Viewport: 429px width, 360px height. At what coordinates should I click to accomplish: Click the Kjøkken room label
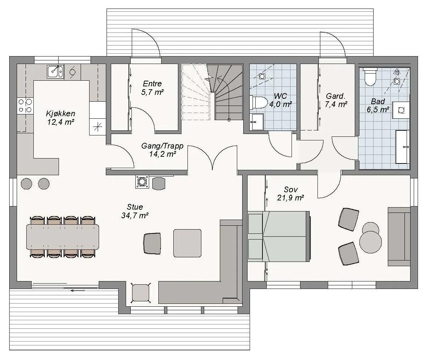coord(61,113)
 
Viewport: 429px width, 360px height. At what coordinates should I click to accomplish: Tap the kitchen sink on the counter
coord(55,71)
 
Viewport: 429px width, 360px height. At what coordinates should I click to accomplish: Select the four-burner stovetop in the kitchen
coord(25,106)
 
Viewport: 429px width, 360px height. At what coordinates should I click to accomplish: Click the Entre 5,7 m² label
coord(152,88)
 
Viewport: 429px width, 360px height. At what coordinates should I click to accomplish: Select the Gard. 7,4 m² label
coord(336,100)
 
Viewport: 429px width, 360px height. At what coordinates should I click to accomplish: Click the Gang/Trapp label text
coord(162,146)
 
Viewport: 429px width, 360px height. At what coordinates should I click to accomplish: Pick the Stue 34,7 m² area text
coord(135,211)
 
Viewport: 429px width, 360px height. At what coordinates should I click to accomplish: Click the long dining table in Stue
coord(63,237)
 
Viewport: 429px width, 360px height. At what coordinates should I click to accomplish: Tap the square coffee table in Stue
coord(187,243)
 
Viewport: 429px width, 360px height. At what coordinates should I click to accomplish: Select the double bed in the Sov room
coord(279,236)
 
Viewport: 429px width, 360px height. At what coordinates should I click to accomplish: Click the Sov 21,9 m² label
coord(290,193)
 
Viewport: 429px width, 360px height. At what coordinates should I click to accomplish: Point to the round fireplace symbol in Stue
coord(142,182)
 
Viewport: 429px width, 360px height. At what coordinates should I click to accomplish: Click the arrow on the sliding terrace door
coord(77,291)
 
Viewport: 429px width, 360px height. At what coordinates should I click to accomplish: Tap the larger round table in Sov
coord(370,242)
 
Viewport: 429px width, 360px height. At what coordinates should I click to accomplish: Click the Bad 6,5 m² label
coord(378,106)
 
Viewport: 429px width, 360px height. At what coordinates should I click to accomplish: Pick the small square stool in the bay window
coord(141,293)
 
